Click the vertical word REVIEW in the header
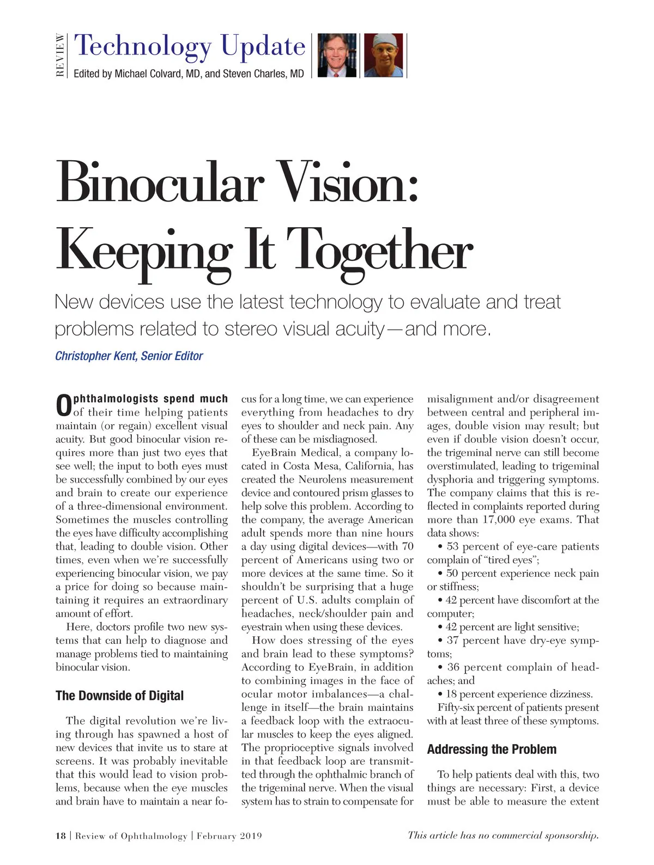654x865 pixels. (x=60, y=56)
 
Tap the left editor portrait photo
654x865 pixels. (x=337, y=55)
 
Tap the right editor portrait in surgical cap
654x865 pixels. (x=383, y=55)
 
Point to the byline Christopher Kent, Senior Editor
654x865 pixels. (x=129, y=356)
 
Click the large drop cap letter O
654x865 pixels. (x=64, y=406)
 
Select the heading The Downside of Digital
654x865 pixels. (x=119, y=696)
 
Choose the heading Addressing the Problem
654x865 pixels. (x=492, y=750)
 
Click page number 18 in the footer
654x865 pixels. (x=60, y=836)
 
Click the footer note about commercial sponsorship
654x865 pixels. (x=503, y=836)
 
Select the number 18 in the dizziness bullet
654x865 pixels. (x=451, y=694)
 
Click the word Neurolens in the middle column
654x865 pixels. (x=325, y=479)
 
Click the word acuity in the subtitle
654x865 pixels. (x=357, y=330)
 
